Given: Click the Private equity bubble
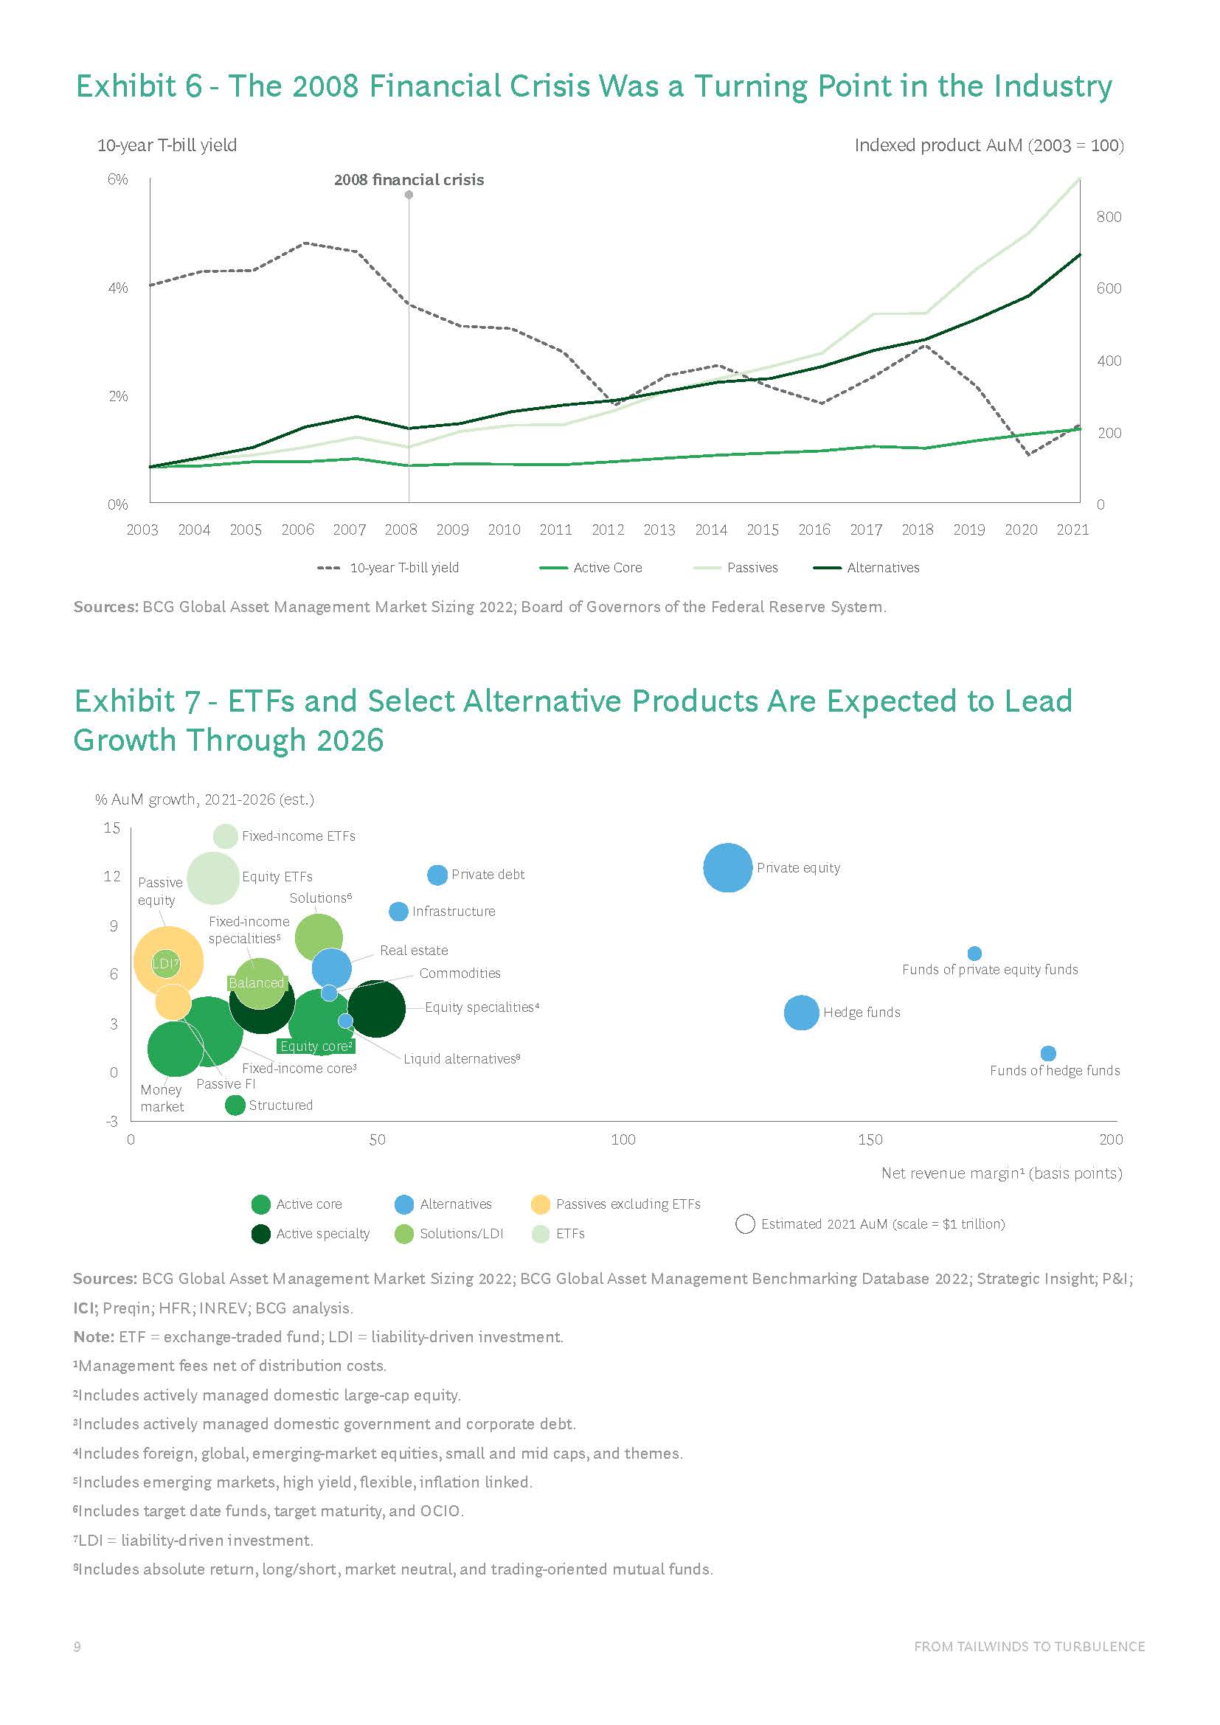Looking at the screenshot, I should pos(727,868).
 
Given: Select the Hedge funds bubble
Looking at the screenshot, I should pos(801,1013).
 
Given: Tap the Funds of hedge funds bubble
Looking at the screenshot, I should pos(1048,1053).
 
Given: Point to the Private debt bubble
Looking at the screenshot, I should pos(437,875).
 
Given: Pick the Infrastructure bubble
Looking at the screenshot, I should pos(398,912).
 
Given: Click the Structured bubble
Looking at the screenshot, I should pos(235,1106).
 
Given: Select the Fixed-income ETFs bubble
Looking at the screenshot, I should pos(226,836).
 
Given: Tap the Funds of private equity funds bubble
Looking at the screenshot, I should pos(974,954).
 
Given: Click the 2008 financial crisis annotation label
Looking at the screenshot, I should pos(409,180).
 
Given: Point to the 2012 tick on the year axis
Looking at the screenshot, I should pos(608,530).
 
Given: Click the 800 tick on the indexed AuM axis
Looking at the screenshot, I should pos(1109,217).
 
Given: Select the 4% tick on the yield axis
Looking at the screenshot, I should pos(118,288).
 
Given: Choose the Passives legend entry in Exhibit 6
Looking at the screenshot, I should pos(752,568).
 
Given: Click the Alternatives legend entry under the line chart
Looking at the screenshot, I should pos(883,568).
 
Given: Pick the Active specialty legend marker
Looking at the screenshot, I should pos(260,1234).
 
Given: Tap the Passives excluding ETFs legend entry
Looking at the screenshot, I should pos(627,1204).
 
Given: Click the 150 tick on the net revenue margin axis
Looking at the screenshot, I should pos(870,1139).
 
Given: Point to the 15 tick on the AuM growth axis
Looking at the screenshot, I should pos(112,828).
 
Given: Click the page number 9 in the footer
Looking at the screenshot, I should pos(77,1647).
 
